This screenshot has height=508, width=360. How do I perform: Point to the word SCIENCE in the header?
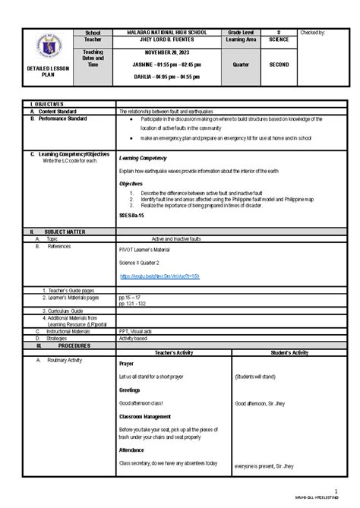(280, 41)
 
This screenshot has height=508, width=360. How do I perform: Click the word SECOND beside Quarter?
(280, 65)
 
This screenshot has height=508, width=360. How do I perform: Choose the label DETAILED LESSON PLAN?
(38, 72)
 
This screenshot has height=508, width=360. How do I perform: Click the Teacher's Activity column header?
(173, 352)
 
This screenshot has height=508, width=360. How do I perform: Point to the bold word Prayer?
(126, 364)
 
